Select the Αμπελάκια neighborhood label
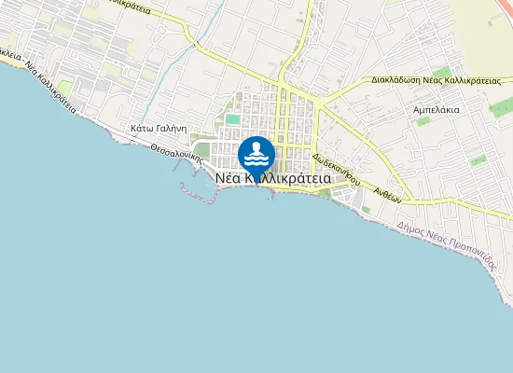(x=437, y=109)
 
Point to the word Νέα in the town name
(x=227, y=177)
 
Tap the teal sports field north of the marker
(x=232, y=118)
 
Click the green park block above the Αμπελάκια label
(x=441, y=72)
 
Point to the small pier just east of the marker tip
(x=271, y=192)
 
